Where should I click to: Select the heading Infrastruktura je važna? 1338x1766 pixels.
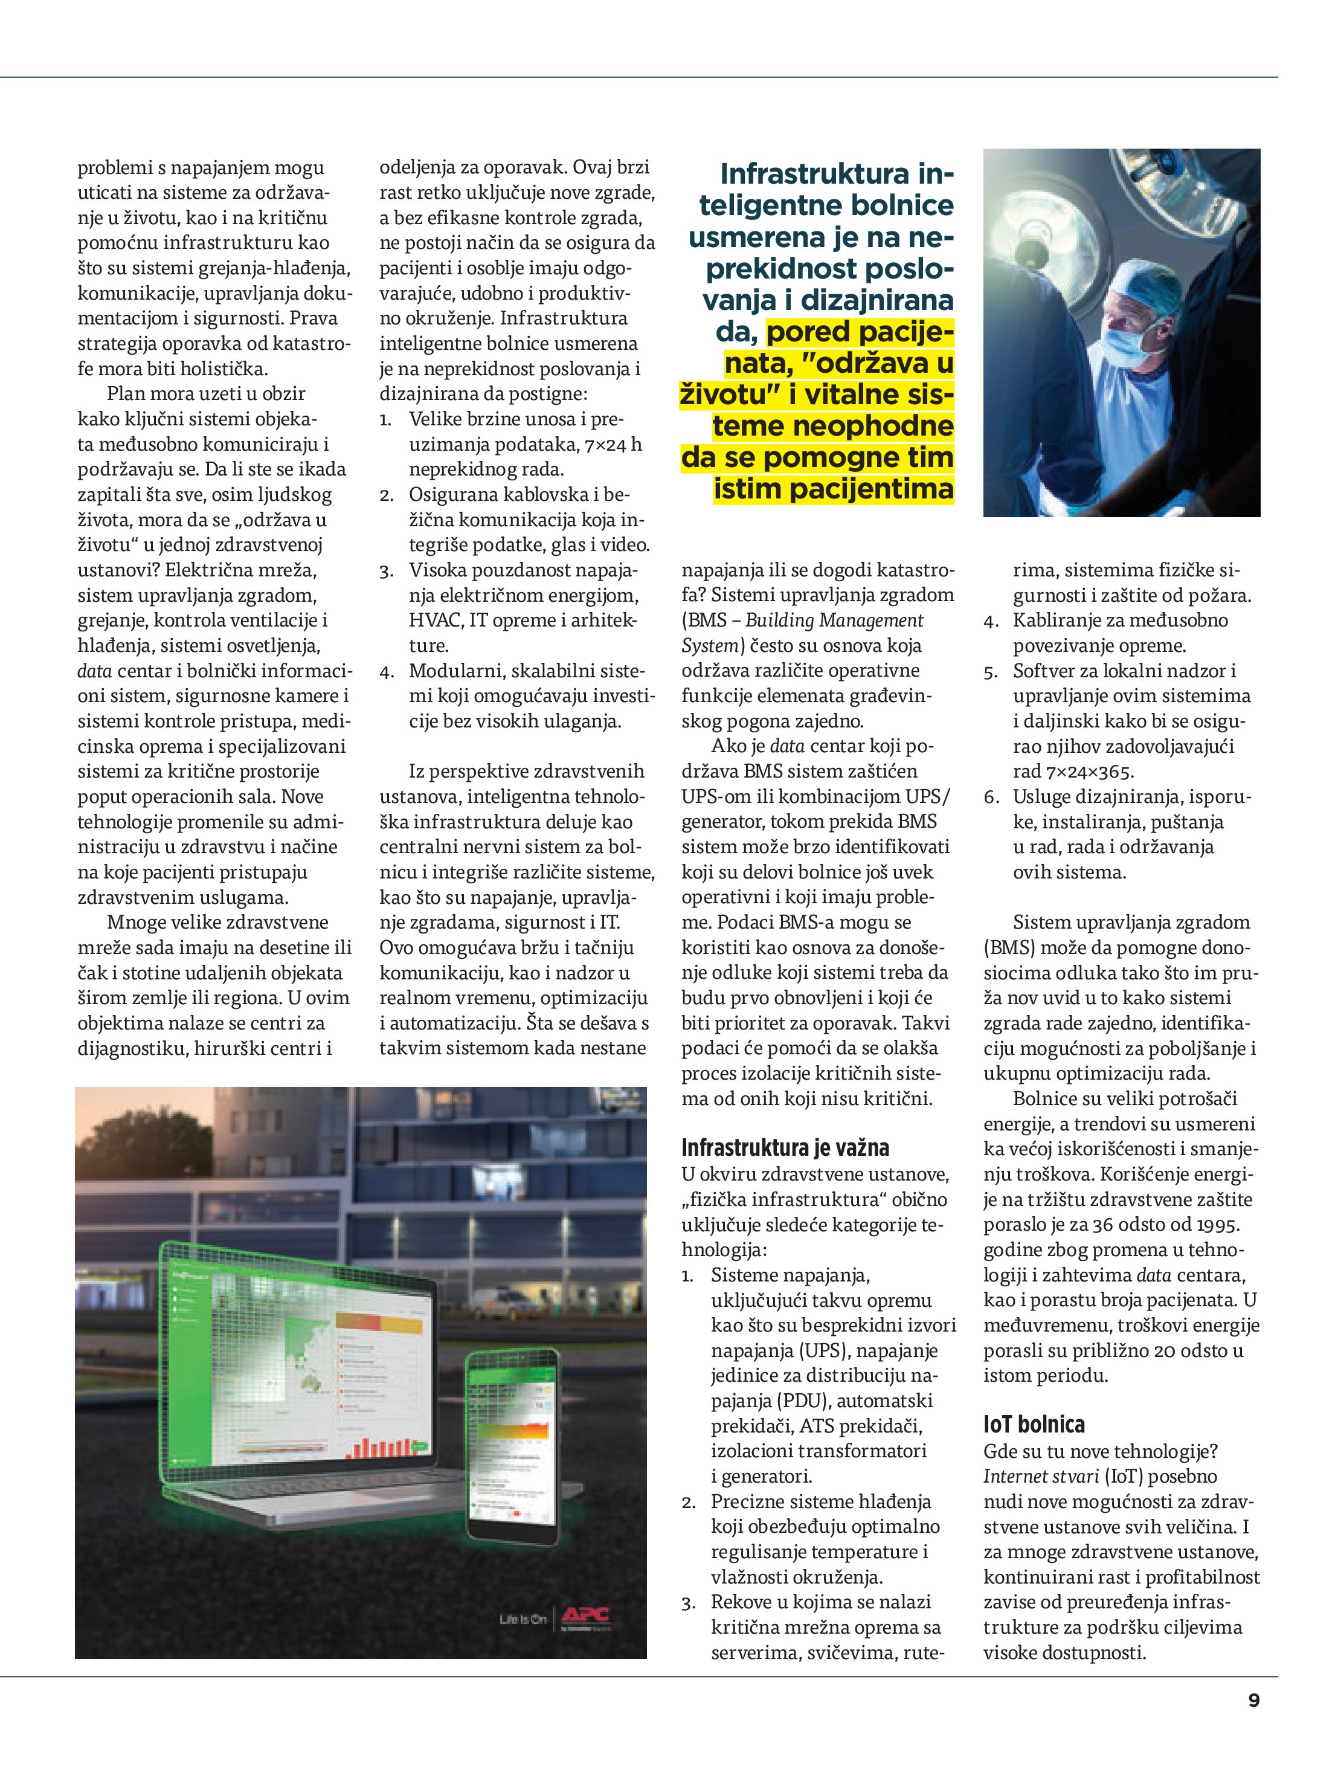tap(785, 1148)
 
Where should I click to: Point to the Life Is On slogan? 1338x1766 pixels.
tap(523, 1619)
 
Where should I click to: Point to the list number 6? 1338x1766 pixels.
tap(991, 798)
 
